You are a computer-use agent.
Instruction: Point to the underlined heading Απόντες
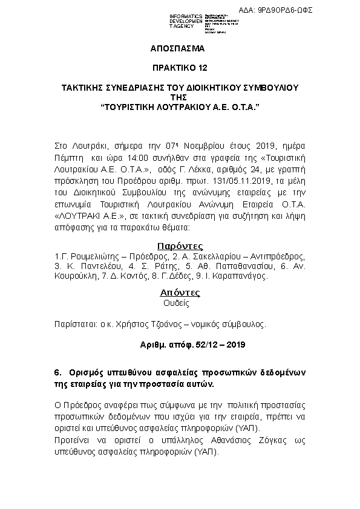[180, 293]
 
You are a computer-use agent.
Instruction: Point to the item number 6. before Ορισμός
[58, 373]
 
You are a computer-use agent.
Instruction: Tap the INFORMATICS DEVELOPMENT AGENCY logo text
[186, 21]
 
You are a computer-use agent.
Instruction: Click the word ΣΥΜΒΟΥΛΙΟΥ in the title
[269, 88]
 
